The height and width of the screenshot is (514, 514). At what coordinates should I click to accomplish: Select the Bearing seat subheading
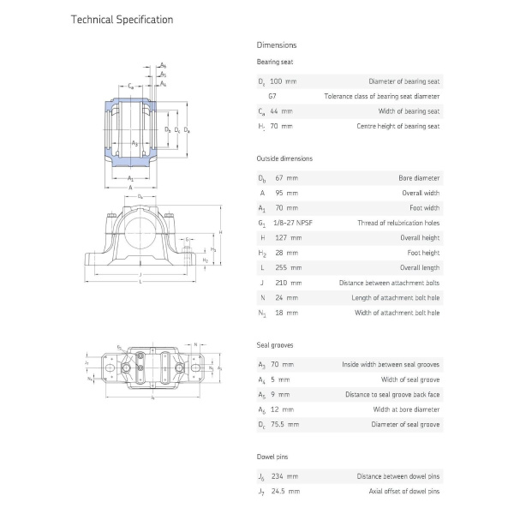tap(273, 62)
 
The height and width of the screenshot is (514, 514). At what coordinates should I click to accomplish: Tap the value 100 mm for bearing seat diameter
tap(284, 81)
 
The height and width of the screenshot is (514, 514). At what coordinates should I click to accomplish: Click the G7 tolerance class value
tap(272, 96)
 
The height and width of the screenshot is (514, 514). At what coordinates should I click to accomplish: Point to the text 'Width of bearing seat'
tap(409, 111)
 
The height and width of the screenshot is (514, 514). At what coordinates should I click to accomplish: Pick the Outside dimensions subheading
tap(284, 158)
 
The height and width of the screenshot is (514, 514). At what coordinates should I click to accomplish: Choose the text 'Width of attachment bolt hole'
tap(397, 313)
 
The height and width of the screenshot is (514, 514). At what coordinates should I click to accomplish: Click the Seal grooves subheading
tap(275, 344)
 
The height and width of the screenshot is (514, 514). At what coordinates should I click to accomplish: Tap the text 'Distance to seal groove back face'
tap(392, 394)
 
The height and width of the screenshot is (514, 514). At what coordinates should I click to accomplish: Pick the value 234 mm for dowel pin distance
tap(286, 475)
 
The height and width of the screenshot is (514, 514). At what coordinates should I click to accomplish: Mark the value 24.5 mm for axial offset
tap(286, 491)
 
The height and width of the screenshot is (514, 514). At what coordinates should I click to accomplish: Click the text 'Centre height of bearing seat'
tap(397, 126)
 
